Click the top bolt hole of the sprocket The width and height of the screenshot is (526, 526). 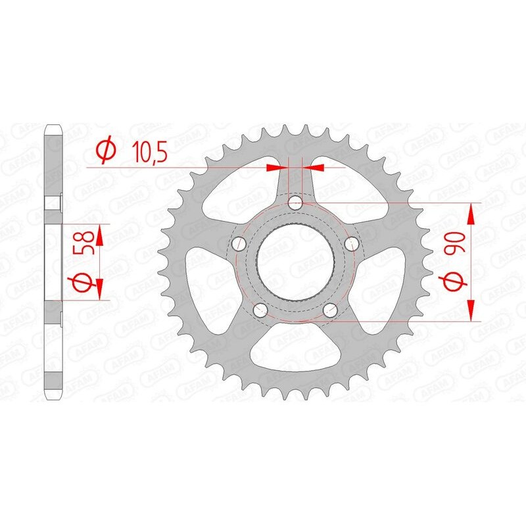click(x=297, y=202)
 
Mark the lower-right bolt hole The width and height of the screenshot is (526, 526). click(x=331, y=310)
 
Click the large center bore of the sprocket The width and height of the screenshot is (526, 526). click(x=297, y=262)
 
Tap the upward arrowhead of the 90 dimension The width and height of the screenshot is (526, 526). click(x=471, y=212)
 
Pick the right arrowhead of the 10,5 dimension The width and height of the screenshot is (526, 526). click(x=317, y=168)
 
